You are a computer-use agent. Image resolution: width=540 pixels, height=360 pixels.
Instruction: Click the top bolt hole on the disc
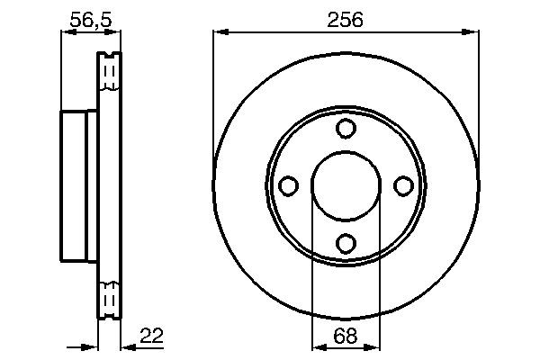[346, 129]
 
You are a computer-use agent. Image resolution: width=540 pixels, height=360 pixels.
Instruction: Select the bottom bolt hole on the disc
[346, 242]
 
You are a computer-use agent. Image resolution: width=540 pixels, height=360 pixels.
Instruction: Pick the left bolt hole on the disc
[289, 185]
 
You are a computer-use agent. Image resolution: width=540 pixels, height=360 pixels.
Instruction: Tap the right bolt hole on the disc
[402, 185]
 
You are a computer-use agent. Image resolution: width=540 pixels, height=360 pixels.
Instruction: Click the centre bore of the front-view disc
[346, 185]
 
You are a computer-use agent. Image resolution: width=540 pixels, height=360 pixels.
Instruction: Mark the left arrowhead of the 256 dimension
[219, 33]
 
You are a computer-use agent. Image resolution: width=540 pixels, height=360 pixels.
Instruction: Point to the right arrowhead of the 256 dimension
[472, 33]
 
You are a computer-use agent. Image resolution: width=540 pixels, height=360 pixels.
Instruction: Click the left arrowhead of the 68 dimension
[316, 346]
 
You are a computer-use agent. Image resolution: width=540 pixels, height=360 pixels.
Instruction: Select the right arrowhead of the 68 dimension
[375, 346]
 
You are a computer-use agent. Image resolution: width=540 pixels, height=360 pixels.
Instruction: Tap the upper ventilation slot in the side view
[109, 72]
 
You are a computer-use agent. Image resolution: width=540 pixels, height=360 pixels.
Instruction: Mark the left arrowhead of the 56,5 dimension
[66, 33]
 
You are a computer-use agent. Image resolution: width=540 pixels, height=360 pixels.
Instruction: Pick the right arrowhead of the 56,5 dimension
[114, 33]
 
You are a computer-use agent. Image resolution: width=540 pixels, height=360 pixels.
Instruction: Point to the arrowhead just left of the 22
[126, 346]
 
